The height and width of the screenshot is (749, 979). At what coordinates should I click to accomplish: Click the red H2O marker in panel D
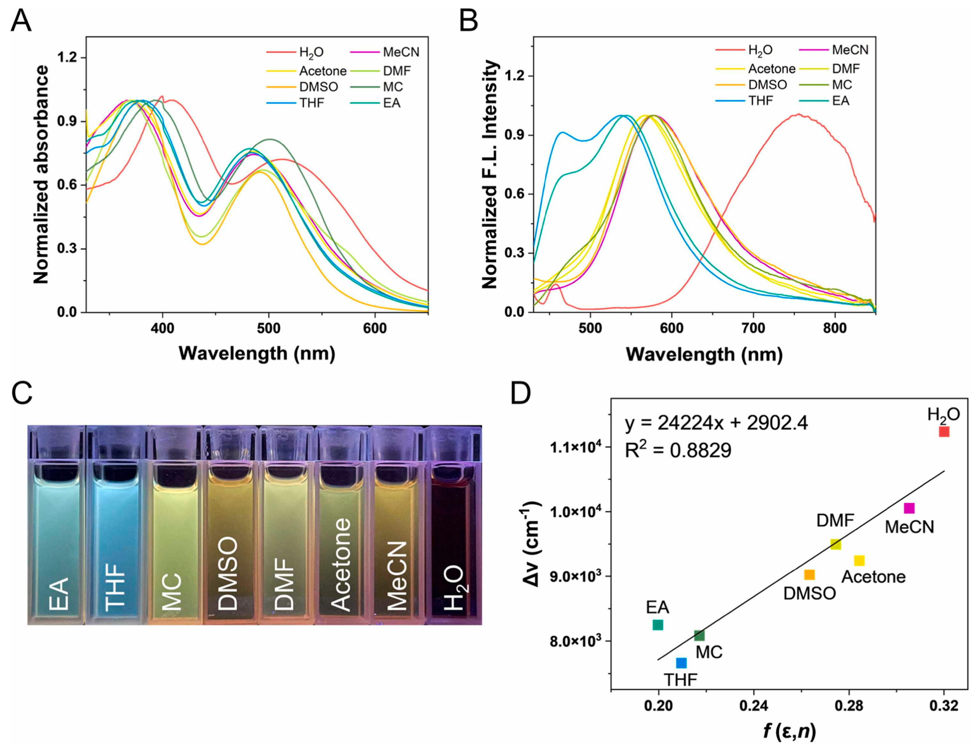point(944,432)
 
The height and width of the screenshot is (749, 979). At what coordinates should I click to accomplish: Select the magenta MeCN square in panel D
point(909,508)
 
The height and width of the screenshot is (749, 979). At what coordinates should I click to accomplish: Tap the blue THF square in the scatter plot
point(681,663)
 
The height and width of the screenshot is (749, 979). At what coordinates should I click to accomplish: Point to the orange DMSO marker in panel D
point(810,575)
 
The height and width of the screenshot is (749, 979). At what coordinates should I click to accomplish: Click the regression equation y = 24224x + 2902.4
point(716,423)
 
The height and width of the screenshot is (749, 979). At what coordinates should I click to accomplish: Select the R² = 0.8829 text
point(678,450)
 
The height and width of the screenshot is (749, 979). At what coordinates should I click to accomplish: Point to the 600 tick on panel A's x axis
point(375,329)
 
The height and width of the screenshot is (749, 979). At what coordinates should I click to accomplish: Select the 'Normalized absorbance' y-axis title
point(41,175)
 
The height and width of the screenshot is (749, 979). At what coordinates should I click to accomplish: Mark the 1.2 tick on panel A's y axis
point(67,58)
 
